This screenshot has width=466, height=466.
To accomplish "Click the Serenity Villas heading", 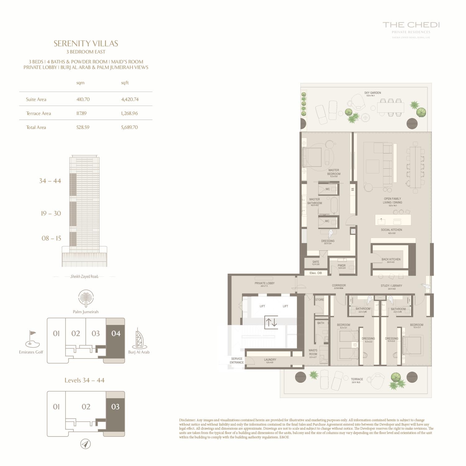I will point(86,43).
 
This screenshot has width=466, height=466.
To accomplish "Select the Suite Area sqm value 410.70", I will point(83,99).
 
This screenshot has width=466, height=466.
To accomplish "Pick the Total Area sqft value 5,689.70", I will point(129,127).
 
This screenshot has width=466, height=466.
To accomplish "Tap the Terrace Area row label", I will point(39,113).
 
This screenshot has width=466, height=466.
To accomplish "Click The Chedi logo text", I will point(411,25).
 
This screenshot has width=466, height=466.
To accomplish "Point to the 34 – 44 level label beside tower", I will point(50,181).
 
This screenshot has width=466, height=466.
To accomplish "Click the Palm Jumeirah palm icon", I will point(86,299).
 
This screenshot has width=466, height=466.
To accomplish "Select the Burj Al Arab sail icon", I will point(139,339).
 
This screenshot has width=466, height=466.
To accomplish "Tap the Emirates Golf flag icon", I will point(32,339).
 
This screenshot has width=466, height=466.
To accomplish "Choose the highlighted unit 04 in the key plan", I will point(116,334).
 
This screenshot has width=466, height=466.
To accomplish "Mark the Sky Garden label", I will point(372,93).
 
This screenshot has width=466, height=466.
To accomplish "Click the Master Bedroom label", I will point(334,172).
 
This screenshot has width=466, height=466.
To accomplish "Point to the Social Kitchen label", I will point(391,230).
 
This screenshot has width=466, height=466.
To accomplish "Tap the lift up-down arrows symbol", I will point(271,322).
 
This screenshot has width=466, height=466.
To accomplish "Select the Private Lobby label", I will point(264,283).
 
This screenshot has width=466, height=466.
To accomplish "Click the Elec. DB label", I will point(316,273).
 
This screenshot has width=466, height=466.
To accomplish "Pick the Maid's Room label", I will point(313,352).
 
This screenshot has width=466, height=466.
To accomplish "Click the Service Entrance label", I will point(237,361).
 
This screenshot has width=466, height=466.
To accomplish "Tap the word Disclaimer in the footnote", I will point(187,420).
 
